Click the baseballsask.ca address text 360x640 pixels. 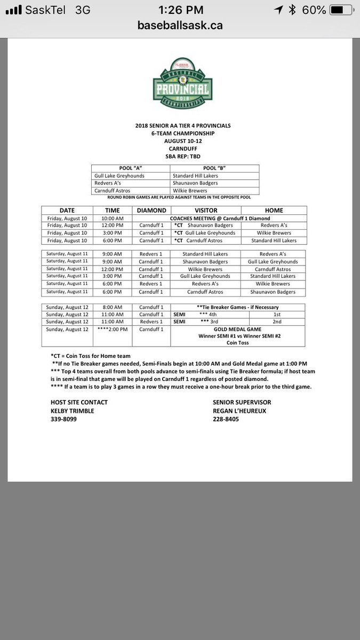coord(180,25)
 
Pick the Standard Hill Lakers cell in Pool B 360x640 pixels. coord(195,175)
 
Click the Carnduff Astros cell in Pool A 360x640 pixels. coord(112,190)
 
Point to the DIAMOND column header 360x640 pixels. coord(151,210)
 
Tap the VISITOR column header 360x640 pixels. coord(206,210)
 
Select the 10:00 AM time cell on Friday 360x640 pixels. coord(113,218)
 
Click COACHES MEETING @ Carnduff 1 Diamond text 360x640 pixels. coord(220,218)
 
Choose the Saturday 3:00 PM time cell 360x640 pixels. coord(113,276)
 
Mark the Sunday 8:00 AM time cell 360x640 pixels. coord(113,307)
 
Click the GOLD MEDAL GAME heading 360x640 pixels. coord(237,330)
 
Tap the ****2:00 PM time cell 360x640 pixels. coord(113,330)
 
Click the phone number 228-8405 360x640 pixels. coord(226,419)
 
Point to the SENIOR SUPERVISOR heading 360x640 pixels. coord(241,402)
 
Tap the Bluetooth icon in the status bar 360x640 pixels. coord(292,10)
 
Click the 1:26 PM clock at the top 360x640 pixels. coord(180,10)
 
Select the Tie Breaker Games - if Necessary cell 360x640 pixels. coord(237,307)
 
